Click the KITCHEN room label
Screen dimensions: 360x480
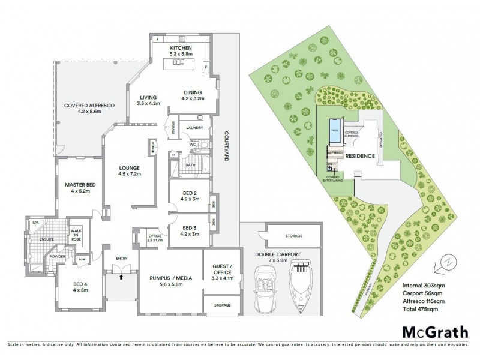[179, 47]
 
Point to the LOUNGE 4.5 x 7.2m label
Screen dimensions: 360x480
[129, 171]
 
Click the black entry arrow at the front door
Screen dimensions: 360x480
[121, 277]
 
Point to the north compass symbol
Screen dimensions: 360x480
[447, 262]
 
